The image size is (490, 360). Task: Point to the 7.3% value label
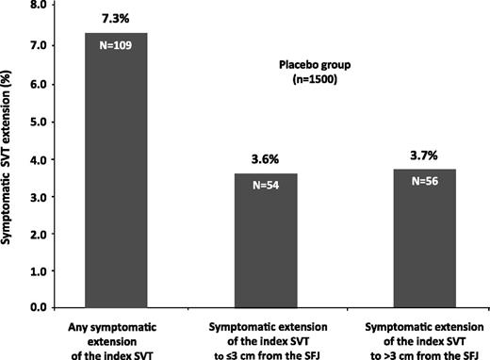(116, 18)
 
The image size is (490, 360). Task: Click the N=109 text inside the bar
(116, 43)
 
